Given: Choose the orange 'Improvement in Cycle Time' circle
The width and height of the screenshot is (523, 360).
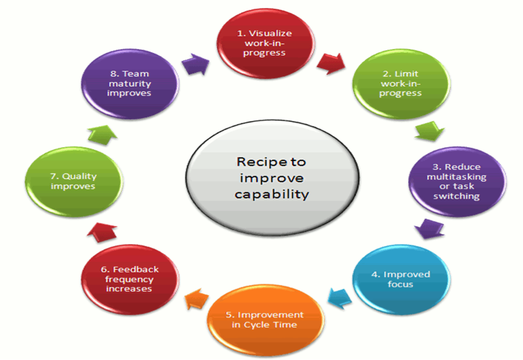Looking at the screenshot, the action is point(264,319).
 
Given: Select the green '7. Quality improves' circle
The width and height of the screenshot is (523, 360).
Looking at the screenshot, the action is point(73,180).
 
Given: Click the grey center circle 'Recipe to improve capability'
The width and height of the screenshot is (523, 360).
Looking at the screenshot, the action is point(271,177).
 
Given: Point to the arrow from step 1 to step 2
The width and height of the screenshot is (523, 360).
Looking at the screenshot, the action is point(329,60).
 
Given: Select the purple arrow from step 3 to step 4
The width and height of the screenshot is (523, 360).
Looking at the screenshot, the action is point(430,229).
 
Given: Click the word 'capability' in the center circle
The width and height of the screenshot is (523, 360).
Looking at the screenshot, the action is point(271,194).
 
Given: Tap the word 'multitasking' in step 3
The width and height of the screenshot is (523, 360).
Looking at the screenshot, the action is point(455,176).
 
